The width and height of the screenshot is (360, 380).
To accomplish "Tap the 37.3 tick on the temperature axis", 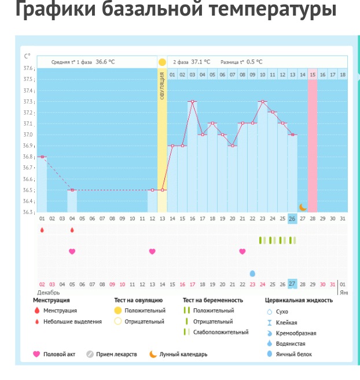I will pyautogui.click(x=28, y=102).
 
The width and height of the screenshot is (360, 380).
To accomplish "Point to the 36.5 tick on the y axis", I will pyautogui.click(x=28, y=190).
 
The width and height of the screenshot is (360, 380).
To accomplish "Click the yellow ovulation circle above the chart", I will pyautogui.click(x=162, y=62).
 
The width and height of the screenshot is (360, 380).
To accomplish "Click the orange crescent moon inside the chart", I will pyautogui.click(x=302, y=207).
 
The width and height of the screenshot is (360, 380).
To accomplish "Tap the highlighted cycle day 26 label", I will pyautogui.click(x=292, y=218).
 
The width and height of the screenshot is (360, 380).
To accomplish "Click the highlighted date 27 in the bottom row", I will pyautogui.click(x=292, y=284).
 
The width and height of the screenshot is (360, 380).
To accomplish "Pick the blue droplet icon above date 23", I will pyautogui.click(x=252, y=274).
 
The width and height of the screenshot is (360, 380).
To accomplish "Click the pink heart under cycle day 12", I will pyautogui.click(x=152, y=252).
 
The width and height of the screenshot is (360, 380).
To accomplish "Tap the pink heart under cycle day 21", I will pyautogui.click(x=243, y=252).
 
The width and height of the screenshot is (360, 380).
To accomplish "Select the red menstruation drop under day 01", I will pyautogui.click(x=42, y=230).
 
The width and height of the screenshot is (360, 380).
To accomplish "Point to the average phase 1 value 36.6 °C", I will pyautogui.click(x=105, y=62).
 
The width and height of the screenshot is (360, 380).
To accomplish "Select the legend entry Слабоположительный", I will pyautogui.click(x=221, y=332).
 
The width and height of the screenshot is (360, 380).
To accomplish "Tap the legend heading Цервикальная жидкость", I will pyautogui.click(x=299, y=300).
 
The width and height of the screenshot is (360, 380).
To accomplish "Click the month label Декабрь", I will pyautogui.click(x=49, y=293).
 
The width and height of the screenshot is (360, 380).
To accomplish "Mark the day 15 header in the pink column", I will pyautogui.click(x=313, y=75).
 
